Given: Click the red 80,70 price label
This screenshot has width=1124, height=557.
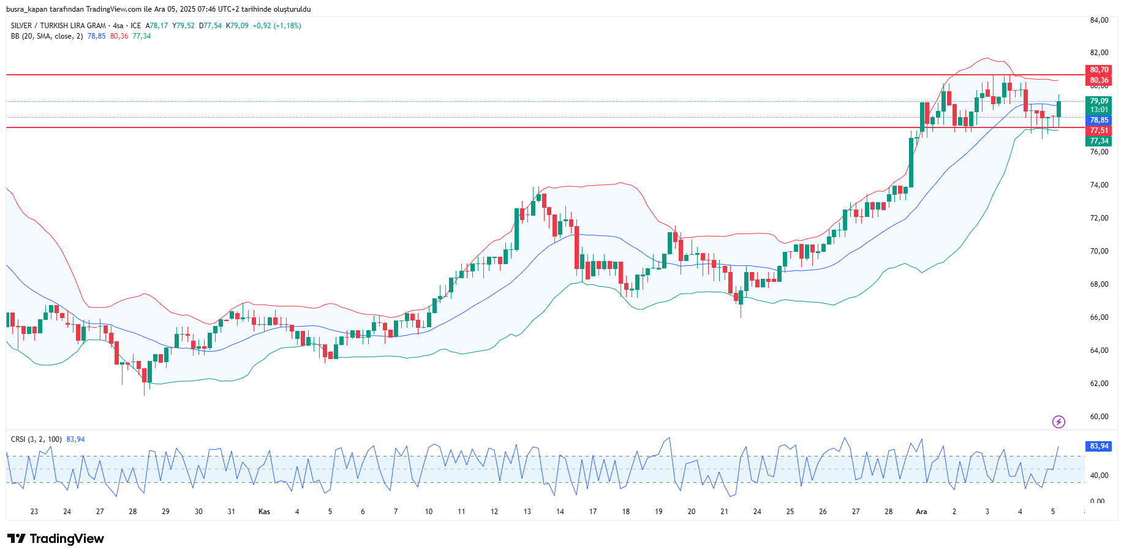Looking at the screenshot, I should point(1099,70).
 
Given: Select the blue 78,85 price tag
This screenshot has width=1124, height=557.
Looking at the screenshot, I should point(1099,120).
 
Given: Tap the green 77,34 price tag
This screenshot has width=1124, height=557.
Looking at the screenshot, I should point(1099,141).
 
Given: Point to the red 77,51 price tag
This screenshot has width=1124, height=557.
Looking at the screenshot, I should point(1099,131).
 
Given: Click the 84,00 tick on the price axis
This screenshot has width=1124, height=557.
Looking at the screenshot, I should point(1099,20).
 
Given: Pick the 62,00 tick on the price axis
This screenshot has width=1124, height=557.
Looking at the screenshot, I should point(1099,384).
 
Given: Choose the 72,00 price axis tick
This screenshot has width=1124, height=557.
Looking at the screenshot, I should point(1099,218).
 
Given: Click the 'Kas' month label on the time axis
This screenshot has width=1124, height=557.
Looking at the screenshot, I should point(264,512).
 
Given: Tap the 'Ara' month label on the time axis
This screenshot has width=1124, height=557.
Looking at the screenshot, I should point(921,512).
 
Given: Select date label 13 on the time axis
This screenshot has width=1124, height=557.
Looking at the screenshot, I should point(527,512).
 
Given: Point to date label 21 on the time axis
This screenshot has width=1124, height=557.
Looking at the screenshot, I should point(724,512).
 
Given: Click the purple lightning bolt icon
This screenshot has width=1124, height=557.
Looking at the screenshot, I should point(1058,422).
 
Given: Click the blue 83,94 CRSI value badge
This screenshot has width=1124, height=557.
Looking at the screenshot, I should point(1099,446).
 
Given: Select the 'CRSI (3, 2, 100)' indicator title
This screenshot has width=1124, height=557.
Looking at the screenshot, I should point(36,439).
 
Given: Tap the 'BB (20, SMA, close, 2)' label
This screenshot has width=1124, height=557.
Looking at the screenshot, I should point(47,36).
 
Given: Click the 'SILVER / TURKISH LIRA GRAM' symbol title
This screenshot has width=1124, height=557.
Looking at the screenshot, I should point(58,26).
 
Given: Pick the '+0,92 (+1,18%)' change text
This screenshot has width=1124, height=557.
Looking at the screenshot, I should point(277,26).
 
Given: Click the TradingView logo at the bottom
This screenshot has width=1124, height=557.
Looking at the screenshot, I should point(56,539).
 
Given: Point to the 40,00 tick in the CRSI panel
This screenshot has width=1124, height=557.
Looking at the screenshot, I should point(1099,476).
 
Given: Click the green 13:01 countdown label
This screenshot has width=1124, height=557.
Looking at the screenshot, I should point(1099,110).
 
